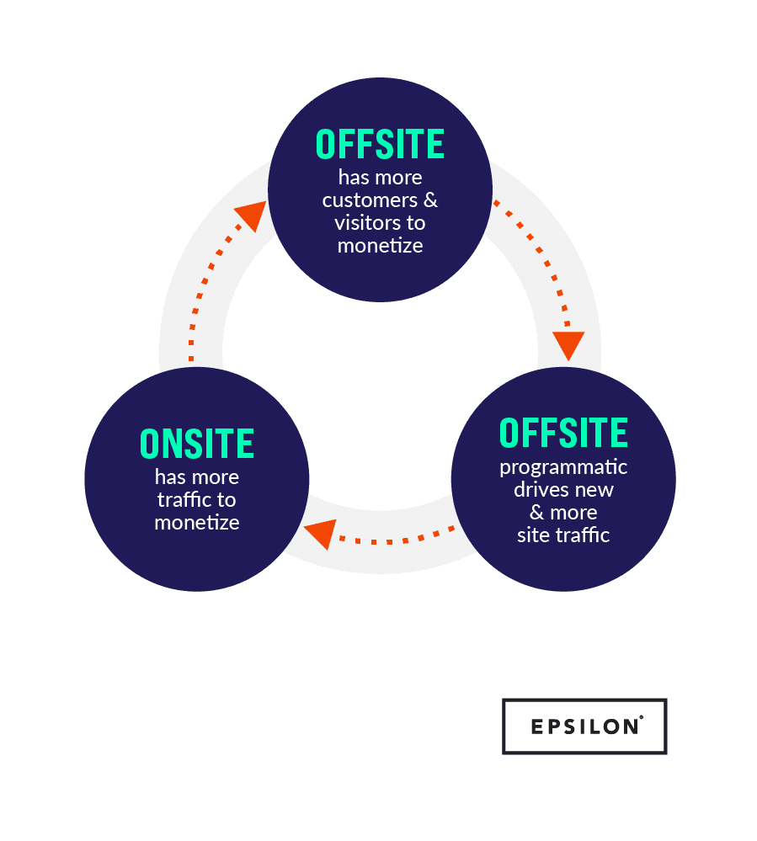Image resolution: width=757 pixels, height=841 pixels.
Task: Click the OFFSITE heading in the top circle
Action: (380, 145)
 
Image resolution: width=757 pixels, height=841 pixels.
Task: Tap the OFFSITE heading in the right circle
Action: (563, 433)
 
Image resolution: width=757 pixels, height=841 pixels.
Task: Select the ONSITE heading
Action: (197, 444)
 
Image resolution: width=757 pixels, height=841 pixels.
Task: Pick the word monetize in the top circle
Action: (380, 246)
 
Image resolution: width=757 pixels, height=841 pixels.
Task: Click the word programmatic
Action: (563, 466)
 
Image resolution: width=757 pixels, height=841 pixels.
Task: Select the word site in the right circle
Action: (532, 535)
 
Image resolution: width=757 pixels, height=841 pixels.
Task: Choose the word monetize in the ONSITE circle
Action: (197, 522)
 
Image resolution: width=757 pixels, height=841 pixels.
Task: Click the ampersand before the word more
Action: (536, 512)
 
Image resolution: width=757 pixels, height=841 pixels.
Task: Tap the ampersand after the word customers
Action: (429, 200)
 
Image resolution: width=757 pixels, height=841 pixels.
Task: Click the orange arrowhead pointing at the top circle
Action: (249, 216)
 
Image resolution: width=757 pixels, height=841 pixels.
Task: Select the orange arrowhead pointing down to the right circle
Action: (568, 343)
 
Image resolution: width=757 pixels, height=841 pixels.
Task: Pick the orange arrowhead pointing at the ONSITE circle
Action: (319, 534)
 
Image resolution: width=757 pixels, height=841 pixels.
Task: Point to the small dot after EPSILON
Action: (641, 717)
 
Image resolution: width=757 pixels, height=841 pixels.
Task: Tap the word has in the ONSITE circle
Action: (169, 476)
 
